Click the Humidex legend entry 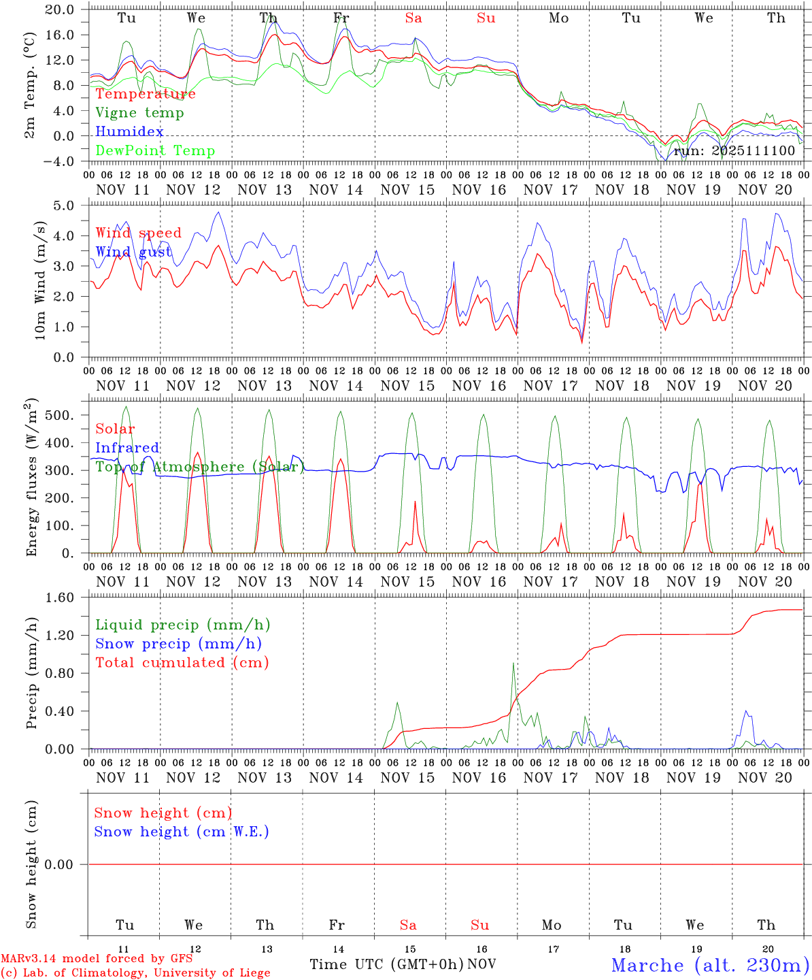tap(129, 131)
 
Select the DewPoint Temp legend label tap(155, 150)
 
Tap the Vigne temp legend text tap(139, 112)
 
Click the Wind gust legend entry tap(133, 252)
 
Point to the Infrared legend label tap(127, 448)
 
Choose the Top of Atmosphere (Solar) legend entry tap(200, 467)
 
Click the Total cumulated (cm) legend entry tap(182, 662)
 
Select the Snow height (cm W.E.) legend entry tap(182, 832)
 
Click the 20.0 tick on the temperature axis tap(61, 10)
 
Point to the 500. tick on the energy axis tap(61, 415)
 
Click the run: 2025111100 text tap(734, 150)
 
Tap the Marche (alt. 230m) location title tap(710, 965)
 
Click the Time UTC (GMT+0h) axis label tap(386, 964)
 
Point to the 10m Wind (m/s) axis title tap(40, 280)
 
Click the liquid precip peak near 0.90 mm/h tap(513, 664)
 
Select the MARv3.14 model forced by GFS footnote tap(97, 959)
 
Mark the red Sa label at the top tap(413, 18)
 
